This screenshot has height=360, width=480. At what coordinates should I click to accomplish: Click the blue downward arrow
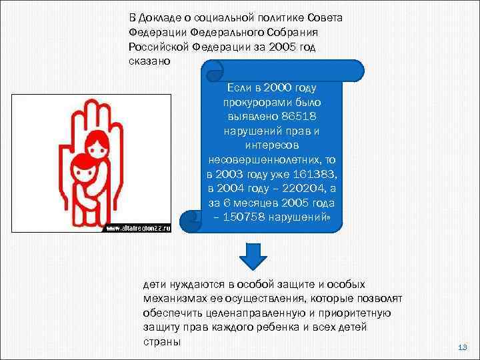(253, 257)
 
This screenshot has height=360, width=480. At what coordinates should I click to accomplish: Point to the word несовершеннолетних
(263, 159)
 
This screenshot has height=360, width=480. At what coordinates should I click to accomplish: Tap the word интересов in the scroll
(274, 145)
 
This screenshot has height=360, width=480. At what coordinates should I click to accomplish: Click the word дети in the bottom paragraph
(153, 284)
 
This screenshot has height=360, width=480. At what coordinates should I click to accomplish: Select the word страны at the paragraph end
(161, 343)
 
